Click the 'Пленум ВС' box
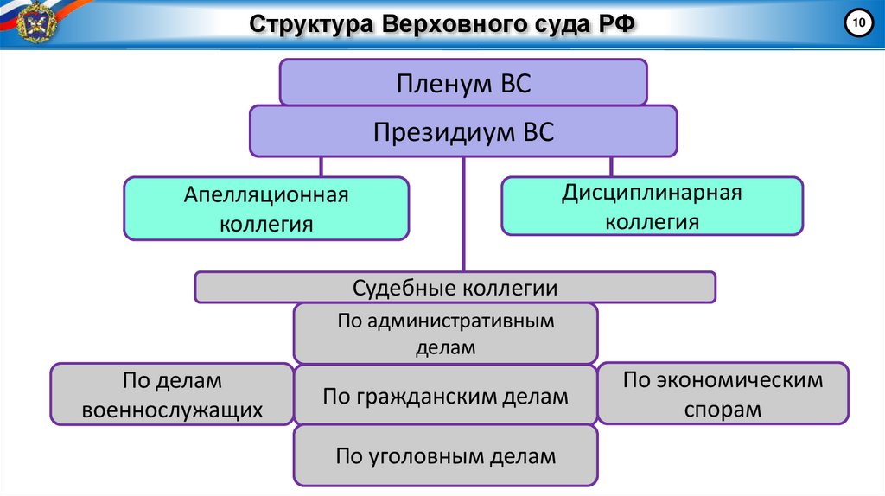(463, 83)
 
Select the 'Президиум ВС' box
(463, 132)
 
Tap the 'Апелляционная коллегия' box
(266, 208)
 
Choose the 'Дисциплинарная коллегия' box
(652, 206)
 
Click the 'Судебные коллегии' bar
(455, 287)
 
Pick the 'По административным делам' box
(445, 333)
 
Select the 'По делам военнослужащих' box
(172, 394)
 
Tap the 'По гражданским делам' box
(445, 397)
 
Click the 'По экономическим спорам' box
(723, 393)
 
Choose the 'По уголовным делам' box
(445, 455)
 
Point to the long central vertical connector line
(463, 216)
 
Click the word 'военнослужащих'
(172, 410)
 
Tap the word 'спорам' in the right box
(723, 409)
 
